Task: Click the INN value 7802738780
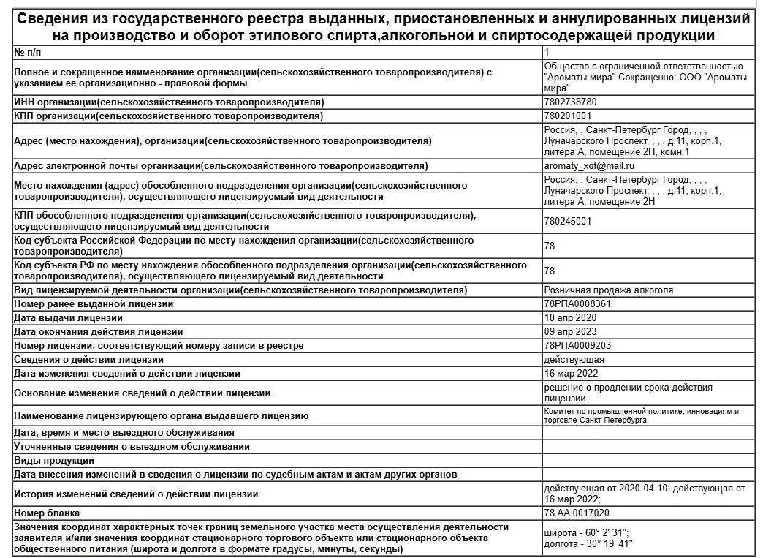570,102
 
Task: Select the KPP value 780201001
568,116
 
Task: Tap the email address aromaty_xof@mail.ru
589,166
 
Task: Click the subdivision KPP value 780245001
568,221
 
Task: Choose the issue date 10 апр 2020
570,318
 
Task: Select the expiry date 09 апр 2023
570,331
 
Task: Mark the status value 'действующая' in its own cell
574,360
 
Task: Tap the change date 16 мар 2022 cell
571,374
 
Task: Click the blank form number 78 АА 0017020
577,513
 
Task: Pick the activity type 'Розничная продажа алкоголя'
609,290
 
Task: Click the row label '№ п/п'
29,53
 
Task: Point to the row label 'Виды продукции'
54,460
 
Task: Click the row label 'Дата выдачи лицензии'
69,318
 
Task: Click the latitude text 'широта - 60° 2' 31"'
587,532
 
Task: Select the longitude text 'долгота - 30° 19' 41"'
589,543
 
